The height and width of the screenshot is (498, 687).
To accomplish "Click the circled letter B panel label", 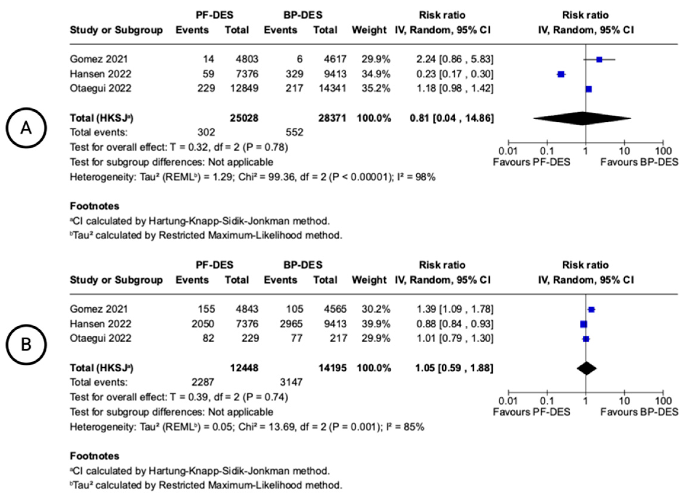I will pos(26,345).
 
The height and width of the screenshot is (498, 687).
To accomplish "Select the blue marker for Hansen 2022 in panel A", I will pos(561,74).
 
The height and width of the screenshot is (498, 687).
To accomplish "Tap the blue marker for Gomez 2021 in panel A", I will pos(599,60).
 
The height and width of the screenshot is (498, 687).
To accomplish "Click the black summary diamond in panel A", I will pos(582,118).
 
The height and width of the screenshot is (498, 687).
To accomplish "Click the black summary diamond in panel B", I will pos(587,368).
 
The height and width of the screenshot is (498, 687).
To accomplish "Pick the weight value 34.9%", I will pos(376,74).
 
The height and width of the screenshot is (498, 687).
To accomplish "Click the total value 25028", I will pos(244,118).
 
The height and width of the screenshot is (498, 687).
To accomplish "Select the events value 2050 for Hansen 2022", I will pos(203,324).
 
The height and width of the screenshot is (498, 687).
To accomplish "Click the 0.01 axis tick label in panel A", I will pos(508,151).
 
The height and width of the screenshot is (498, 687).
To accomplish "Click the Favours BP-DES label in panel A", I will pos(639,162).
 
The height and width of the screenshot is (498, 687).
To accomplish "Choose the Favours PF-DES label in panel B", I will pos(531,412).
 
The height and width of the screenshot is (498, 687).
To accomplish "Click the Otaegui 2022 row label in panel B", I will pos(100,338).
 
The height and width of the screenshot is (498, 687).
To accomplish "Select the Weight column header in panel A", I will pos(369,30).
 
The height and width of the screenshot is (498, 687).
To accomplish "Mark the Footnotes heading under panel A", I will pos(95,206).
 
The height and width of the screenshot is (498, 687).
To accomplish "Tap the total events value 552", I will pos(294,132).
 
